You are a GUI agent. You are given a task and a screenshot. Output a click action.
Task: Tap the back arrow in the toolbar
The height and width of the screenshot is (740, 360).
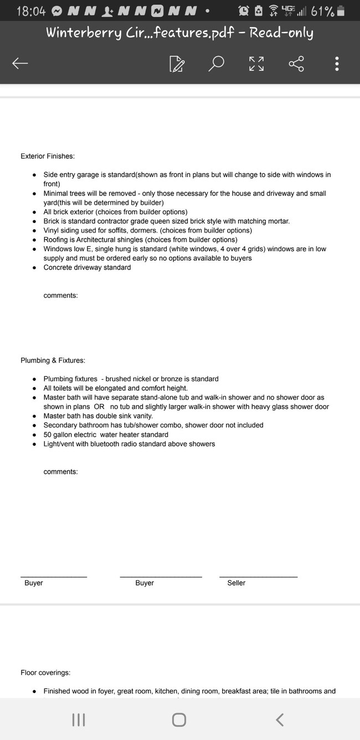(x=20, y=64)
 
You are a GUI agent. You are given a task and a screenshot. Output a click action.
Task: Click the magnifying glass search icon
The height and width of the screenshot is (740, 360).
(x=216, y=64)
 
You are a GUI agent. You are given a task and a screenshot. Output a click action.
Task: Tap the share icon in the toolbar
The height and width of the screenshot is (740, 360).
(x=296, y=64)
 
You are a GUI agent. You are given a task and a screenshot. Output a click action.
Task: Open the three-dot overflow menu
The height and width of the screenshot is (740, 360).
(x=337, y=64)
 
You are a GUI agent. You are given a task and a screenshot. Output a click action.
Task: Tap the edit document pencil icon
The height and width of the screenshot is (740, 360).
(x=177, y=64)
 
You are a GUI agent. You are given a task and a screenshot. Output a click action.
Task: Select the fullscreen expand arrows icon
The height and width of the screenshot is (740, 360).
(x=256, y=64)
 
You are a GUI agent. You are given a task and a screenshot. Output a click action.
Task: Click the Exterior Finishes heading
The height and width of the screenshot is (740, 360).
(x=48, y=157)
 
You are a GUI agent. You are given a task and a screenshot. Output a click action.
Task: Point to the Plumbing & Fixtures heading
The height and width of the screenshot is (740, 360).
(x=53, y=361)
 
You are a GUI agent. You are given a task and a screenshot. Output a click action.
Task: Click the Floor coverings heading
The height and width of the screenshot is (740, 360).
(x=45, y=673)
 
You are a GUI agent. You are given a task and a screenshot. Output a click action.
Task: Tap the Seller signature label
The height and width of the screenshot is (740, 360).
(x=236, y=583)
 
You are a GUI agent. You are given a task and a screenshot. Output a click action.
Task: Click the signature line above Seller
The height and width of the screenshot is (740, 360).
(x=258, y=577)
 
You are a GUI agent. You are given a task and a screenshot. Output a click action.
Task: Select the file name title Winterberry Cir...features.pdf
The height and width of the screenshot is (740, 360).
(x=179, y=33)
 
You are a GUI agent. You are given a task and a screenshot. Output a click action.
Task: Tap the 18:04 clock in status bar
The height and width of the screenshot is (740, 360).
(x=31, y=11)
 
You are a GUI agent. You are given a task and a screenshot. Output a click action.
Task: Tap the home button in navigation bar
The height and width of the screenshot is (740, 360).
(x=179, y=720)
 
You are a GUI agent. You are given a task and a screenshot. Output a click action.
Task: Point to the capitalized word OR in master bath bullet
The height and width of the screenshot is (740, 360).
(x=99, y=407)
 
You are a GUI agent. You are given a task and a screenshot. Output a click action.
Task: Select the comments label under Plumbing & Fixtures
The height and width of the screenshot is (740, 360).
(x=60, y=472)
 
